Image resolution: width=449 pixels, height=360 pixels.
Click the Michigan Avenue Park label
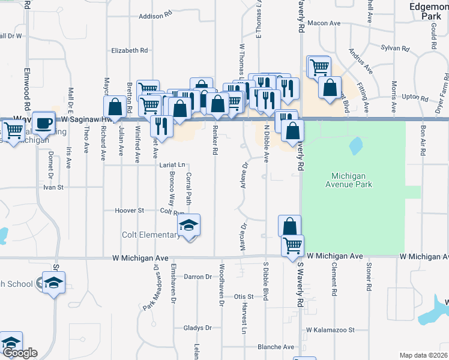(x=352, y=180)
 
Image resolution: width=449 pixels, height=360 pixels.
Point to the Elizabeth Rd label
(x=129, y=51)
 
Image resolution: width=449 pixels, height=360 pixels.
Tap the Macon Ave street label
(x=324, y=23)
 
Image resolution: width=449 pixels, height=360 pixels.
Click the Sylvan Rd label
(x=395, y=47)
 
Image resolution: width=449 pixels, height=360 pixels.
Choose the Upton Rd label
(x=415, y=96)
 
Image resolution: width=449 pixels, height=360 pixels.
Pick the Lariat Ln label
(x=172, y=164)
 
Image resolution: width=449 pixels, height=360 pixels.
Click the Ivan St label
(x=53, y=187)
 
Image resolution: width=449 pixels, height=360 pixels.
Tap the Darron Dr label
(x=198, y=277)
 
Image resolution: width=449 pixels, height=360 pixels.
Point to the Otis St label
(x=244, y=296)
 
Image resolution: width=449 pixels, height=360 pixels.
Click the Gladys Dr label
(x=198, y=328)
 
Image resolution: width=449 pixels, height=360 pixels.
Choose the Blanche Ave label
(x=276, y=347)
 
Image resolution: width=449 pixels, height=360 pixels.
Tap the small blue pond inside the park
(x=355, y=145)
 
